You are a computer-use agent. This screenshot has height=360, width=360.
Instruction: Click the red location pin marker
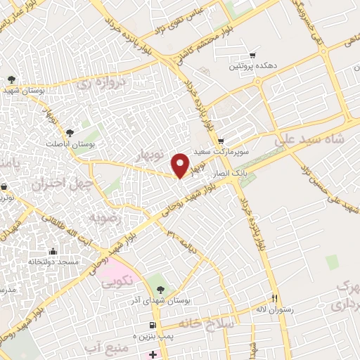click(181, 165)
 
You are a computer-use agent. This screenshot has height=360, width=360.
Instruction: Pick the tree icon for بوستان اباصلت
click(69, 132)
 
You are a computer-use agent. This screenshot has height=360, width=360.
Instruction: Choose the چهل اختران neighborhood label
click(58, 184)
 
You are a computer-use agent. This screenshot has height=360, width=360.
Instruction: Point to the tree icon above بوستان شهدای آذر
click(160, 289)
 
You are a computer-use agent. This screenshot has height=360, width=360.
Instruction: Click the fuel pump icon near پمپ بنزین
click(151, 324)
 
